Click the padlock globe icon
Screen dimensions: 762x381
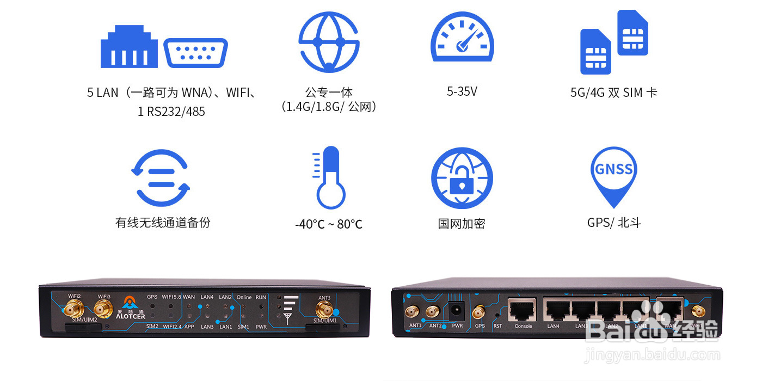(462, 177)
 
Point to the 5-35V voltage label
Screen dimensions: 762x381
(462, 91)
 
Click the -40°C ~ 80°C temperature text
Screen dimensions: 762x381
(329, 224)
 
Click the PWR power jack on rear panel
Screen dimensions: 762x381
(456, 311)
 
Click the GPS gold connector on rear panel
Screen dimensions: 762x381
(479, 312)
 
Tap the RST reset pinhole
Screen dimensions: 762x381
(497, 316)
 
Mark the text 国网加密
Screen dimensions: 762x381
(462, 223)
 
